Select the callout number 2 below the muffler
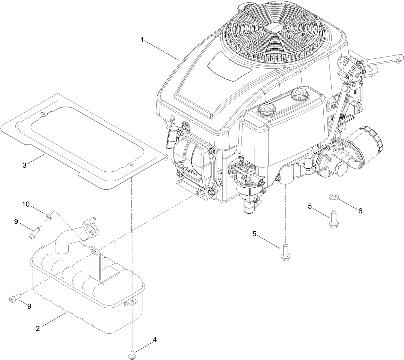coord(38,329)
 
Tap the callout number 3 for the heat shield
coord(24,166)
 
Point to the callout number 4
coord(155,340)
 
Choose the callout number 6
coord(360,211)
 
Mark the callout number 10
coord(26,204)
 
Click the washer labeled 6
coord(334,196)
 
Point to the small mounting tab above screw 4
coord(132,302)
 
